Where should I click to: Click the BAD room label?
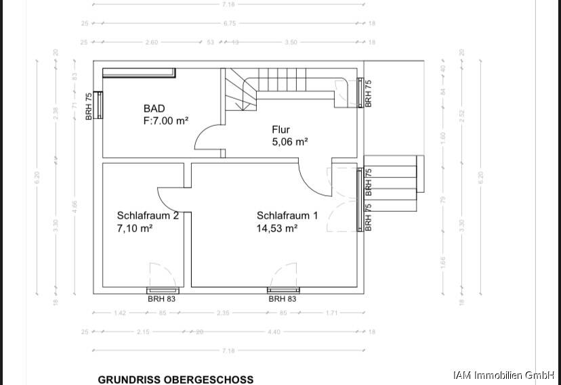click(x=154, y=108)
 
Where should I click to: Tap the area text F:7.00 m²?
click(x=165, y=120)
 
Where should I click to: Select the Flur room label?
click(x=280, y=129)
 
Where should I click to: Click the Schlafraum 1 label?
click(x=287, y=216)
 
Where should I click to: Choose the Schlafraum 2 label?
click(x=148, y=216)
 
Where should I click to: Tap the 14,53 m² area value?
click(x=277, y=229)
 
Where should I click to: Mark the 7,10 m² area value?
click(x=134, y=229)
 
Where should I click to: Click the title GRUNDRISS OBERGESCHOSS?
click(x=175, y=380)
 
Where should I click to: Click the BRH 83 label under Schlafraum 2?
click(x=161, y=298)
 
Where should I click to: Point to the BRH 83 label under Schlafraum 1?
click(x=282, y=298)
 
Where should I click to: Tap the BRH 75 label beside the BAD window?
click(x=89, y=107)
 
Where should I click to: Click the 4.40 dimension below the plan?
click(x=274, y=332)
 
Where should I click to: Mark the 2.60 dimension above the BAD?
click(x=152, y=42)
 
